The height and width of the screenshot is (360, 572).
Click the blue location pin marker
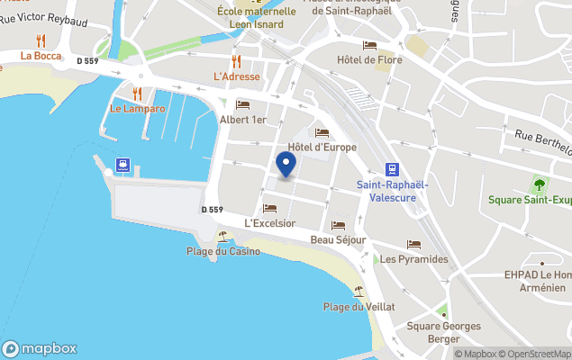[286, 166]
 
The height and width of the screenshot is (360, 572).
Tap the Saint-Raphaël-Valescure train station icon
[392, 169]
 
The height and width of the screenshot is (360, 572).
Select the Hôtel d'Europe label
[322, 147]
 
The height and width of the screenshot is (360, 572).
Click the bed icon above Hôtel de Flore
[369, 46]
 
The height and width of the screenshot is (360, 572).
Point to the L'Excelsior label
[270, 222]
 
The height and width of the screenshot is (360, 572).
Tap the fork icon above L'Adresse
[237, 61]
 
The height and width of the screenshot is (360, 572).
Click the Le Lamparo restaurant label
[138, 109]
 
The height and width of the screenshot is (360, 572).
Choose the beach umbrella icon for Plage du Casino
[222, 237]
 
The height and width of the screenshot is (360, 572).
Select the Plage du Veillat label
[359, 307]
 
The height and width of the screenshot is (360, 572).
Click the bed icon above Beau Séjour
[338, 225]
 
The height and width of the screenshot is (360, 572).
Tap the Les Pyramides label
[413, 259]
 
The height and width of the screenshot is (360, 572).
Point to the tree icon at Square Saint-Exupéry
[539, 185]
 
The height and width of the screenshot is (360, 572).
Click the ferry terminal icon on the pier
[122, 166]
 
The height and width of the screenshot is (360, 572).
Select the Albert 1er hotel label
[243, 120]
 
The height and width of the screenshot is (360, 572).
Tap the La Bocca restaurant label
[40, 55]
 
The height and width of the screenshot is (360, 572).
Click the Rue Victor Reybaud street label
[42, 18]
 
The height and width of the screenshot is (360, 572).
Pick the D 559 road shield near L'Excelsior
[212, 210]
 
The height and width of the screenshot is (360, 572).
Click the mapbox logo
[40, 349]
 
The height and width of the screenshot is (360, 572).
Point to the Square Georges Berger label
[443, 332]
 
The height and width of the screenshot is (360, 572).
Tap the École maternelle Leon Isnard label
[256, 18]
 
